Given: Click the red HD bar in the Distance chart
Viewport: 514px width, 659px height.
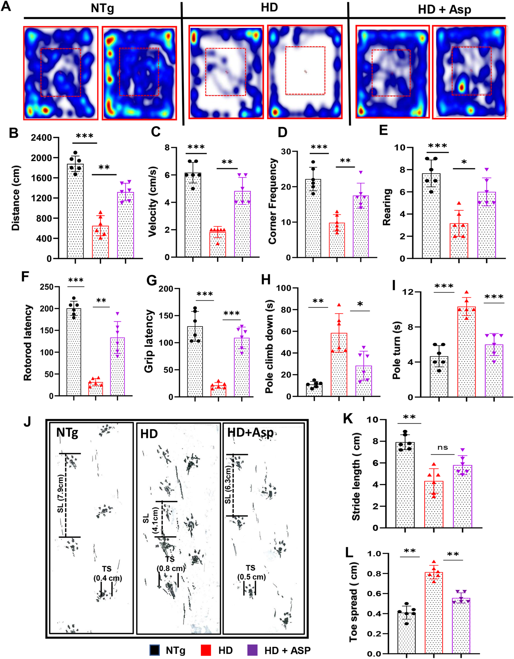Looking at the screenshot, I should (100, 241).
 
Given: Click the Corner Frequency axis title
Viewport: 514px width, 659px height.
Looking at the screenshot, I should (273, 201).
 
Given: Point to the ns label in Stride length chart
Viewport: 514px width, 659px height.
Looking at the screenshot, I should (442, 448).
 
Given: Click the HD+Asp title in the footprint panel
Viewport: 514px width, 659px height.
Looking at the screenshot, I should (250, 433).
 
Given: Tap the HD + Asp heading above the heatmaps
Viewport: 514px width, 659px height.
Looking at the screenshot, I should (444, 10).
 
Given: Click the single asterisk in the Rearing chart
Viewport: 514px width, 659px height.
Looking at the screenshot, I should (464, 162).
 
